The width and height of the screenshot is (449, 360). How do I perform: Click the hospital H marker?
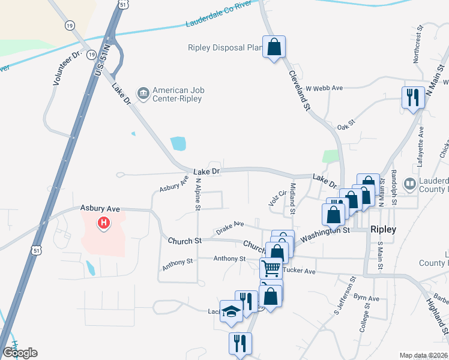(104, 224)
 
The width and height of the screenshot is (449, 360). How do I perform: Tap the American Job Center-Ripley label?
(178, 95)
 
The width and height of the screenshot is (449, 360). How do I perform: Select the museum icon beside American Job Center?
(143, 92)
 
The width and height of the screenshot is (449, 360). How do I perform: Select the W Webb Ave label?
(324, 88)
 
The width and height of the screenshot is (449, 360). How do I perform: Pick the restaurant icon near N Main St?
(412, 97)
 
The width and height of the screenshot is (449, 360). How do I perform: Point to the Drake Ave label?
(230, 227)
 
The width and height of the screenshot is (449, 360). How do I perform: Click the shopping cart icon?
(271, 268)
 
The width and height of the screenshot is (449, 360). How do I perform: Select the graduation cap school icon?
(231, 311)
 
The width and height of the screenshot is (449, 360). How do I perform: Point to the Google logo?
(20, 353)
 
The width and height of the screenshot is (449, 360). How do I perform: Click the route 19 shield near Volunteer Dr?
(91, 54)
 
